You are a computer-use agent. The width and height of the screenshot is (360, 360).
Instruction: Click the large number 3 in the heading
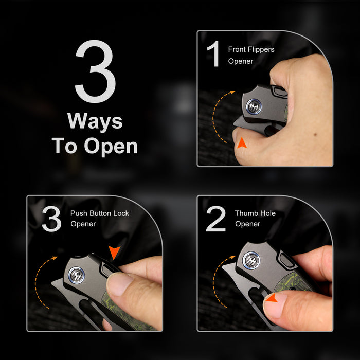(95, 71)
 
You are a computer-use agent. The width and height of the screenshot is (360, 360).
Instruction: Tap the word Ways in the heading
(95, 122)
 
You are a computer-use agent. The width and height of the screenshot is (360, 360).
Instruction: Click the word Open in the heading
(111, 147)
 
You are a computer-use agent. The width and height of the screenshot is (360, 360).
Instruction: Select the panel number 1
(214, 53)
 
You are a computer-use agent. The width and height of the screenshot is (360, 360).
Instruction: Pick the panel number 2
(215, 219)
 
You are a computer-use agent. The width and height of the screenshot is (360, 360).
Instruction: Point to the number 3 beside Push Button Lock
(51, 219)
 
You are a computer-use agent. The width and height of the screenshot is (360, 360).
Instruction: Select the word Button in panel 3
(100, 213)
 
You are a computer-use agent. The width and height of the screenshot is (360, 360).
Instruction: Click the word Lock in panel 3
(121, 213)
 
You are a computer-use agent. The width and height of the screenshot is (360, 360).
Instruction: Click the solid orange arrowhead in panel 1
(242, 143)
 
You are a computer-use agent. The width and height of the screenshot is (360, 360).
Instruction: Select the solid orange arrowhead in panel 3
(114, 252)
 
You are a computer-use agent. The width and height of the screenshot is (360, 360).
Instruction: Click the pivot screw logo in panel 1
(254, 106)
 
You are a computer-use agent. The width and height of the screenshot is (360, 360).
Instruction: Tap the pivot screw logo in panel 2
(251, 260)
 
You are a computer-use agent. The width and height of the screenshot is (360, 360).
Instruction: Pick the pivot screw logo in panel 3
(77, 275)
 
